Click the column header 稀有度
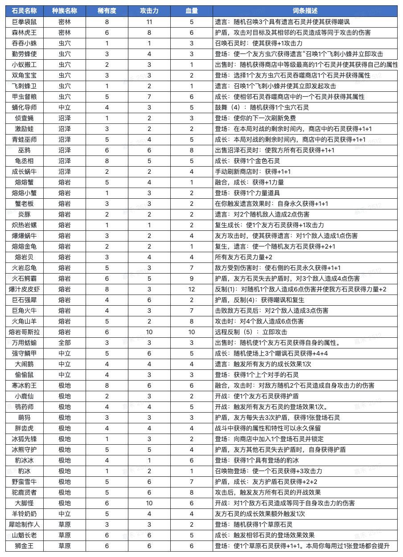point(107,11)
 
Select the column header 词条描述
point(305,11)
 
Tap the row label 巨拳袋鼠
point(25,22)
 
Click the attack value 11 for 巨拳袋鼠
point(149,22)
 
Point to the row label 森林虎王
point(25,33)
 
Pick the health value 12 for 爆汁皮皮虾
point(191,289)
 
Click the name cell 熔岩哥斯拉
point(25,332)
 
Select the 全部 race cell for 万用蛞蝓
point(65,343)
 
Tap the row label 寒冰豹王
point(25,385)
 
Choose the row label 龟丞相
point(25,161)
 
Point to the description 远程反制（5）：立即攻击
point(251,332)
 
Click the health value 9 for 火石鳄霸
point(191,278)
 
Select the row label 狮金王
point(25,546)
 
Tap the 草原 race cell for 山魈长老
point(65,535)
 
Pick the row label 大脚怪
point(25,503)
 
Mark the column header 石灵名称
point(25,11)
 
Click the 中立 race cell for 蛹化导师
point(65,107)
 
